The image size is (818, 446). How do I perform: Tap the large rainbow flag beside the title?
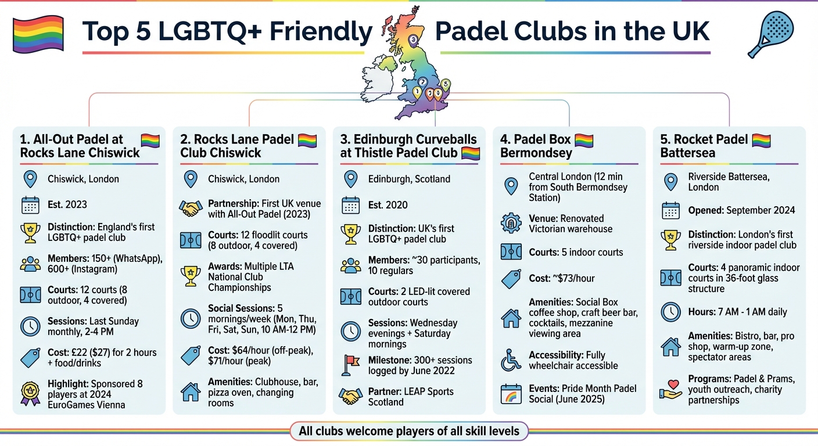click(38, 33)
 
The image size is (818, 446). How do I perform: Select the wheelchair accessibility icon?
click(511, 360)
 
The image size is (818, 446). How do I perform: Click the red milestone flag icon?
click(350, 365)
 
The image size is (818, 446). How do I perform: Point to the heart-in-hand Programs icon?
click(670, 389)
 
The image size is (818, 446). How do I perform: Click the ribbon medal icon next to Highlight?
click(30, 393)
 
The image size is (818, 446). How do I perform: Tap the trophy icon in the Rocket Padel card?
click(670, 239)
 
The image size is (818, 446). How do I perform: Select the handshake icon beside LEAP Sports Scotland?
click(350, 397)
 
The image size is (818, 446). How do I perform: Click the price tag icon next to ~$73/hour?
click(511, 279)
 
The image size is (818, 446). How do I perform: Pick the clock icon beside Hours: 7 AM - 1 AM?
click(670, 312)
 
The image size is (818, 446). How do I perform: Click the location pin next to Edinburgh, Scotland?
click(350, 179)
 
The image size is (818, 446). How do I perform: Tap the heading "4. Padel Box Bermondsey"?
click(536, 146)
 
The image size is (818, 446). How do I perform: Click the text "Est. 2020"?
click(388, 205)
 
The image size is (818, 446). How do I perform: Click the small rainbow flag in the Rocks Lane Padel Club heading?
click(307, 140)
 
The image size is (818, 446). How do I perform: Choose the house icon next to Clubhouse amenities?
click(191, 392)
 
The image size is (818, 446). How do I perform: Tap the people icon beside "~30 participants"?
click(350, 265)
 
